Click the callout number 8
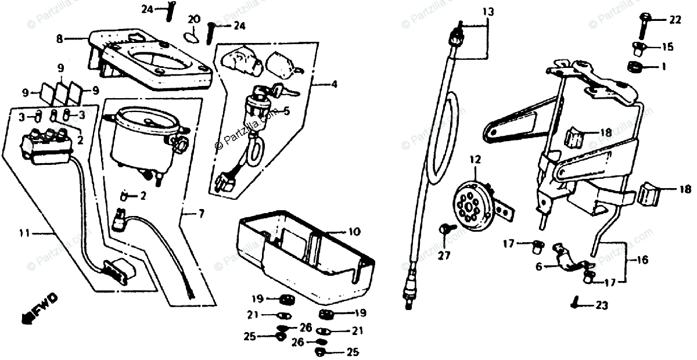click(x=59, y=39)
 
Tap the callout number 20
click(x=194, y=19)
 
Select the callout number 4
click(x=334, y=85)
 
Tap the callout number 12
click(x=476, y=158)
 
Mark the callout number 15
click(x=667, y=46)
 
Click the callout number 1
click(x=663, y=67)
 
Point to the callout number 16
click(x=642, y=261)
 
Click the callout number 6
click(x=538, y=267)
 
